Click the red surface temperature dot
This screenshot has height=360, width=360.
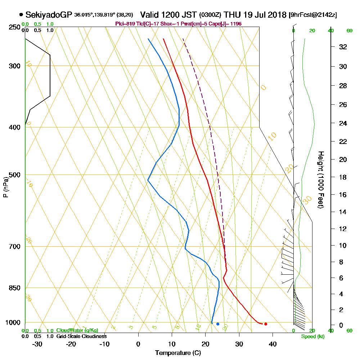tap(266, 324)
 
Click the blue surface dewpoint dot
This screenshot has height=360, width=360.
tap(218, 324)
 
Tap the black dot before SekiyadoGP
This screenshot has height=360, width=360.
tap(21, 15)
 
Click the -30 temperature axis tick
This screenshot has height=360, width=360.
tap(37, 344)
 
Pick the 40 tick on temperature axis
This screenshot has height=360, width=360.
tap(273, 344)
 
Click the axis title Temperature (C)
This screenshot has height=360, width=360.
tap(178, 353)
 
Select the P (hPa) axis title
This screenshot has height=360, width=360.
tap(5, 187)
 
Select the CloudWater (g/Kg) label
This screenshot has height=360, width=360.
tap(77, 330)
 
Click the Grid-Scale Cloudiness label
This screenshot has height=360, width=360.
tap(81, 336)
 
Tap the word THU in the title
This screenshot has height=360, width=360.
tap(233, 15)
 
